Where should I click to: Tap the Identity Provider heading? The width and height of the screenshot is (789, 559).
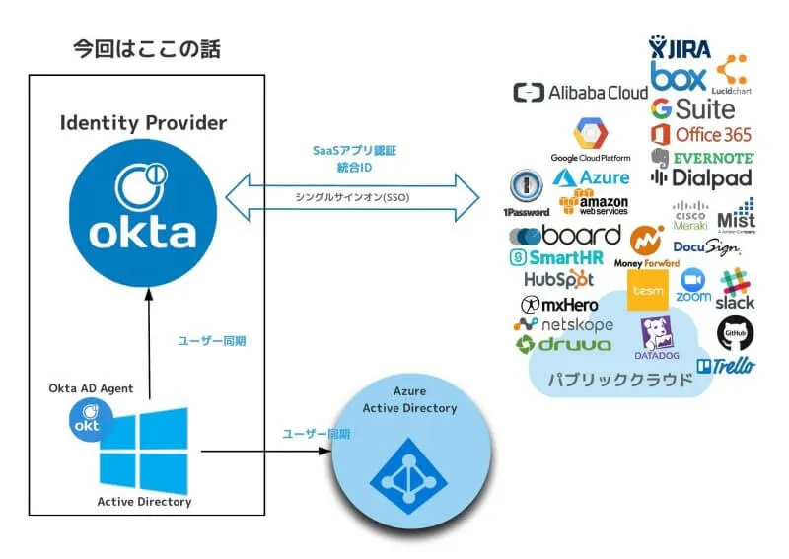click(x=143, y=123)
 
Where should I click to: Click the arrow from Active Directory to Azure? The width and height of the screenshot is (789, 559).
click(x=266, y=452)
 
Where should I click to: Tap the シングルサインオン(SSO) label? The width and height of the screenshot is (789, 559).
click(x=352, y=197)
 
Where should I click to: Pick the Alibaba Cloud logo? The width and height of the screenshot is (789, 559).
click(x=580, y=93)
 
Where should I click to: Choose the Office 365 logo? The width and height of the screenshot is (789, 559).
click(x=701, y=134)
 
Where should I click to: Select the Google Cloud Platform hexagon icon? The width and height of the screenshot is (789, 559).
click(x=591, y=133)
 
